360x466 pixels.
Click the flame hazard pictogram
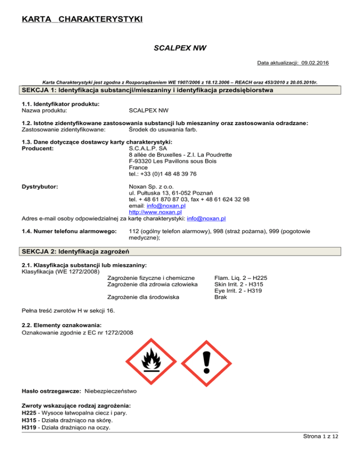[150, 361]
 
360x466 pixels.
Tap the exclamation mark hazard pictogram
[206, 361]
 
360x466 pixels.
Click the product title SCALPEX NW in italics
[180, 48]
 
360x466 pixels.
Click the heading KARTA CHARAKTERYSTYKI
[82, 20]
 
